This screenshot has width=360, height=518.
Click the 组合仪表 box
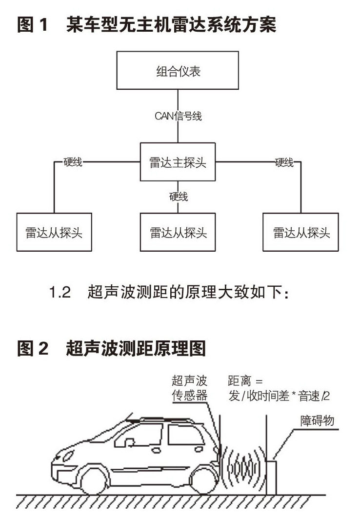click(178, 72)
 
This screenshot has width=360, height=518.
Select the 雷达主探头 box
click(178, 162)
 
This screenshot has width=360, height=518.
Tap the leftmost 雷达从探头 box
click(54, 232)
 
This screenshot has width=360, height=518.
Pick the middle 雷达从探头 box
click(178, 232)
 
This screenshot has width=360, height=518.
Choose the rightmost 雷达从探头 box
click(301, 232)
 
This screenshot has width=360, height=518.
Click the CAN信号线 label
click(178, 116)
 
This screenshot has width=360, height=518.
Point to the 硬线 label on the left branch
click(73, 162)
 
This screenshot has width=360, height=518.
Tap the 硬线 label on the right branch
click(284, 162)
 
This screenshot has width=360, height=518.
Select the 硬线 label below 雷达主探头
click(179, 197)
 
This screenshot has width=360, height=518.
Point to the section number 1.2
click(60, 293)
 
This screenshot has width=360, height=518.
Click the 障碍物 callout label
click(317, 420)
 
